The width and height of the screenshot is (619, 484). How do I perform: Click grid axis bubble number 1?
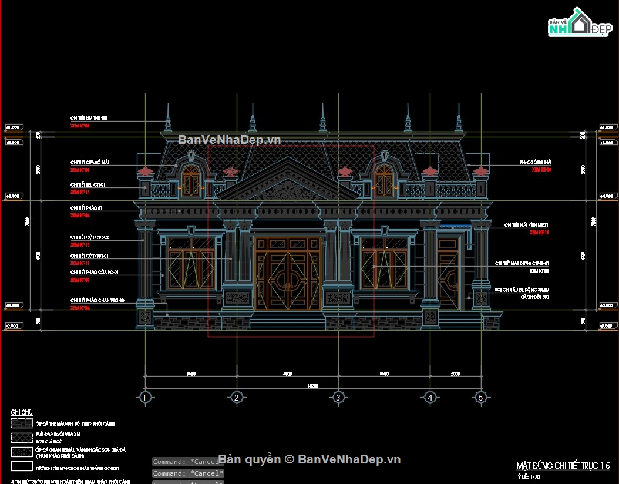pos(145,398)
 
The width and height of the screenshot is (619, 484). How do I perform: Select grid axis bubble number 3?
pos(338,398)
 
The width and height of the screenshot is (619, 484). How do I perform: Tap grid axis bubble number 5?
pos(480,398)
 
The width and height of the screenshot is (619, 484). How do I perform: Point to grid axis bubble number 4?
pos(430,398)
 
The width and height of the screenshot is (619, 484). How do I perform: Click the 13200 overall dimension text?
pos(313,386)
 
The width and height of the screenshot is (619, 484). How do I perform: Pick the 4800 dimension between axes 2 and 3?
pos(287,373)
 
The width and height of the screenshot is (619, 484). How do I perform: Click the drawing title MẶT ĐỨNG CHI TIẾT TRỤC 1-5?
pos(562,466)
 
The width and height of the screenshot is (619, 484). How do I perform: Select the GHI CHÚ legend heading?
pos(21,412)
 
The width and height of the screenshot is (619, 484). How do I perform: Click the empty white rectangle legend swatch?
pos(22,466)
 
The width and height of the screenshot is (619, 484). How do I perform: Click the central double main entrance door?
pos(288,274)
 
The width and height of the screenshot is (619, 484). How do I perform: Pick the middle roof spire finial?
pos(322,120)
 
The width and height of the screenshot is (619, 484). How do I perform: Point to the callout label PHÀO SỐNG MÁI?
pos(535,162)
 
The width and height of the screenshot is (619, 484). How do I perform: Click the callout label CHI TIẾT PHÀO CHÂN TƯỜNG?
pos(97,300)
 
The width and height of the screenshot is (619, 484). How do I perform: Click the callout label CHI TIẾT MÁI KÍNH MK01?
pos(526,226)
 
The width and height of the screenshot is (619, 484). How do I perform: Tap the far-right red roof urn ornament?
pos(481,171)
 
